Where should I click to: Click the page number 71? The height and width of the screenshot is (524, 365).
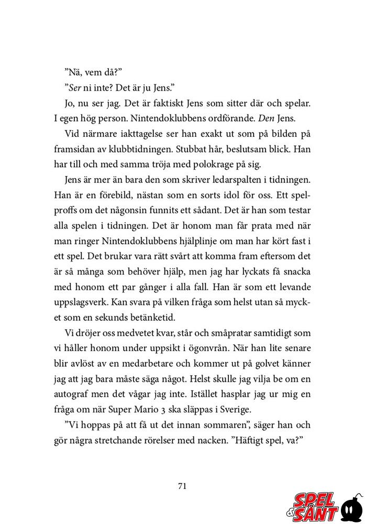(182, 486)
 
